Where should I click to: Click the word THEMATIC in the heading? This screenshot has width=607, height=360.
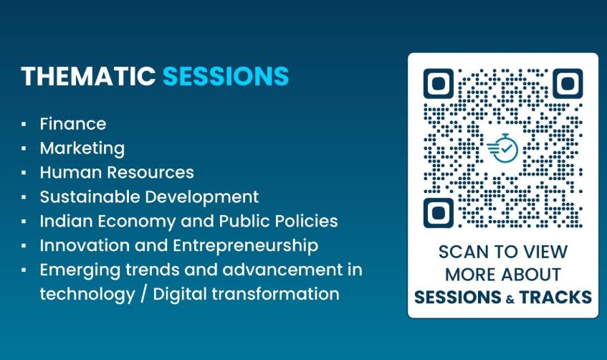pyautogui.click(x=89, y=76)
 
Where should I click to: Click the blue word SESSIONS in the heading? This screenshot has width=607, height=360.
pyautogui.click(x=226, y=76)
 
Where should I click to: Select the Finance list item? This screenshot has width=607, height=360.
pyautogui.click(x=73, y=124)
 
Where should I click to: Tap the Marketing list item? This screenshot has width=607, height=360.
pyautogui.click(x=82, y=148)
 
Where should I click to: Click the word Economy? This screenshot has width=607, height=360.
pyautogui.click(x=137, y=222)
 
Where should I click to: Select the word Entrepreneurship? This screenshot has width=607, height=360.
pyautogui.click(x=245, y=246)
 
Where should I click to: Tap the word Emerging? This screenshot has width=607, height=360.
pyautogui.click(x=80, y=270)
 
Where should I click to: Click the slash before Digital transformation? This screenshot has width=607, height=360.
pyautogui.click(x=143, y=294)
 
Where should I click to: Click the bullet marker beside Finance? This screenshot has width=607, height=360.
pyautogui.click(x=24, y=124)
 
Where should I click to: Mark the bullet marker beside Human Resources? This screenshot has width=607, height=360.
pyautogui.click(x=24, y=173)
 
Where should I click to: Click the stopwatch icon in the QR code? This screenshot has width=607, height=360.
pyautogui.click(x=503, y=148)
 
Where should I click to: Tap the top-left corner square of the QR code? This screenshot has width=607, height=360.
pyautogui.click(x=438, y=84)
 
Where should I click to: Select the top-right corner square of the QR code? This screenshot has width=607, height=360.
pyautogui.click(x=568, y=84)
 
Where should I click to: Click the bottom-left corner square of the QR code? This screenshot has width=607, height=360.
pyautogui.click(x=438, y=213)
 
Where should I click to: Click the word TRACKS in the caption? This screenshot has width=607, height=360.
pyautogui.click(x=555, y=297)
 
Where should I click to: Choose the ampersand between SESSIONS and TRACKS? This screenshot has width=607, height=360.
pyautogui.click(x=510, y=299)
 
